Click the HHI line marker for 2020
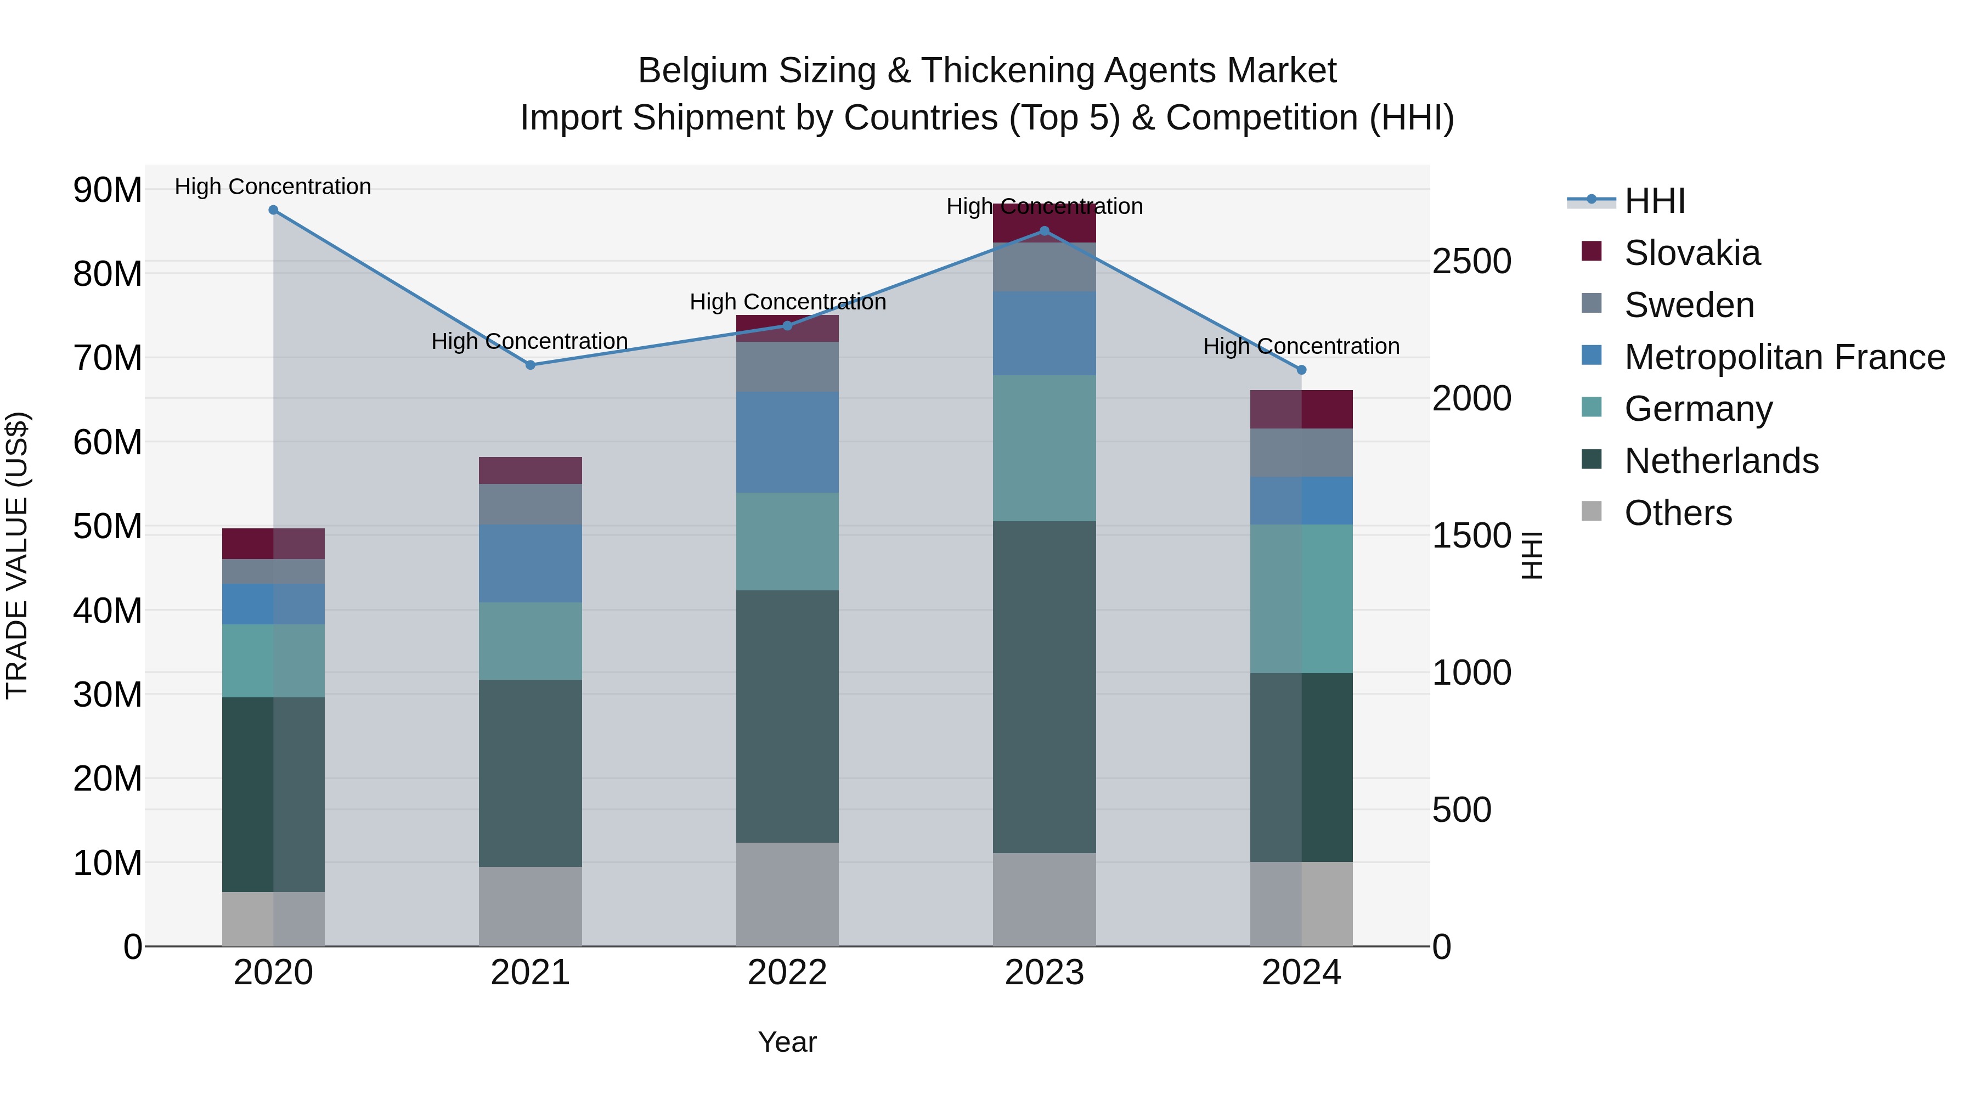[273, 210]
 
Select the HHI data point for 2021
[531, 365]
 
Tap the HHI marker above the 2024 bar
[1301, 370]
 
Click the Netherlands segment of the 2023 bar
[1044, 686]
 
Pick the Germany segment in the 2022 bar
[787, 542]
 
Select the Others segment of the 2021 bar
[531, 906]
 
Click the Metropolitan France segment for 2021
[531, 563]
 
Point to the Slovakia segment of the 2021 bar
[531, 470]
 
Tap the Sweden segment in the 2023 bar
[1044, 267]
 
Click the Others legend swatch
[1592, 511]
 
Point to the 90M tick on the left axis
[108, 189]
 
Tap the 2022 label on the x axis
[787, 973]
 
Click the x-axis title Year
[787, 1042]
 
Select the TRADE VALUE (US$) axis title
[17, 555]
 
